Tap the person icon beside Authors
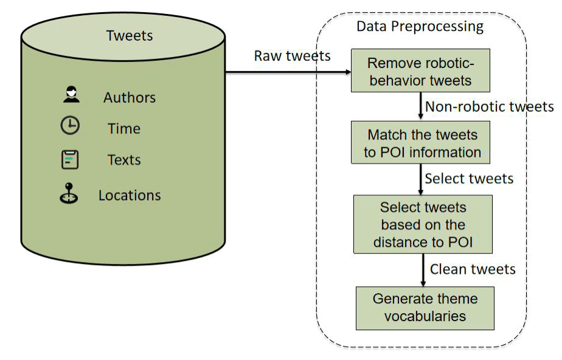[71, 95]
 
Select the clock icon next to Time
[70, 126]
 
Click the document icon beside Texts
[71, 159]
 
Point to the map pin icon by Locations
[69, 193]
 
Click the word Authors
[129, 98]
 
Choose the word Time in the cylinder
[124, 129]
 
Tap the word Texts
[124, 160]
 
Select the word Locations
[130, 196]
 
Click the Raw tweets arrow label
[292, 56]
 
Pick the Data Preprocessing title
[420, 27]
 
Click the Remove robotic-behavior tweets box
[420, 71]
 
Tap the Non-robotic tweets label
[489, 107]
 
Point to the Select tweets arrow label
[469, 179]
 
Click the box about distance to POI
[422, 224]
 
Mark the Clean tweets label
[473, 269]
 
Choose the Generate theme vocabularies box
[425, 308]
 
